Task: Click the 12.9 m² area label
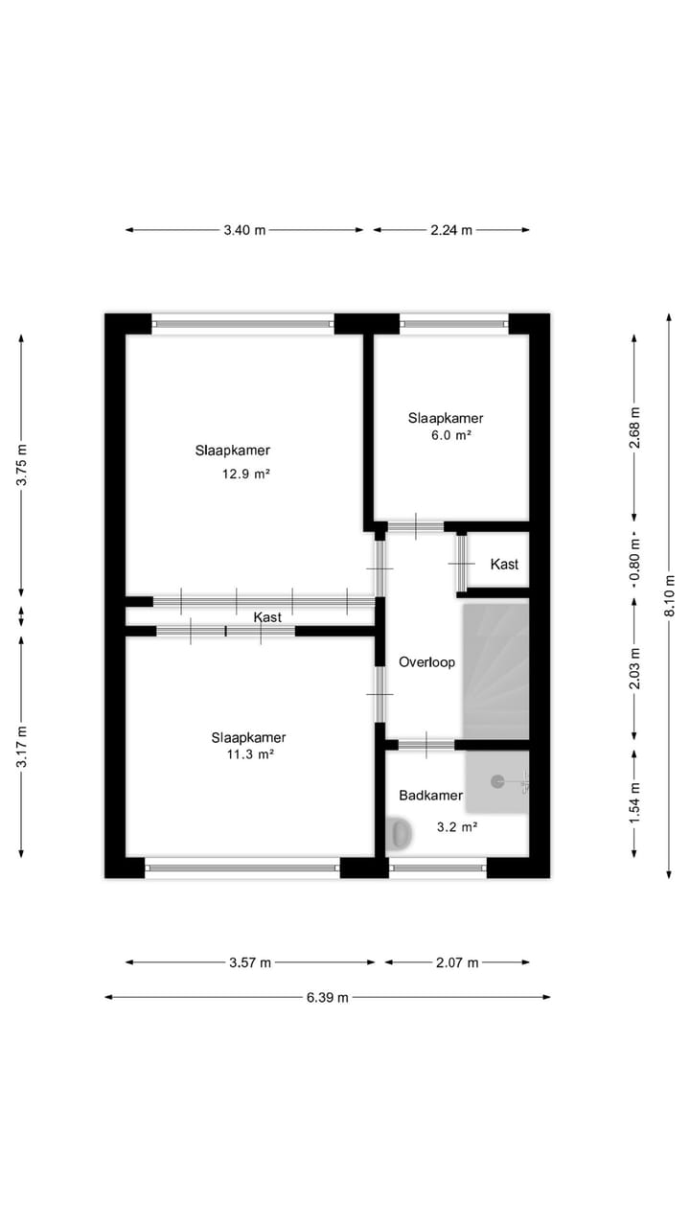coord(244,474)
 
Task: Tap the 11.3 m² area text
coord(249,754)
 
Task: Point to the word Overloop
coord(426,662)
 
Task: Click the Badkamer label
coord(430,796)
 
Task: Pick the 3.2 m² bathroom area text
coord(456,826)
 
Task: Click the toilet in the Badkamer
coord(400,833)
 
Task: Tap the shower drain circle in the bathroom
coord(497,781)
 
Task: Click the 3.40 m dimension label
coord(244,230)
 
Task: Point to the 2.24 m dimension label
coord(451,230)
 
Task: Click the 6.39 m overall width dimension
coord(328,997)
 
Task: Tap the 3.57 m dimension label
coord(250,962)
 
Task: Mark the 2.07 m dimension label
coord(457,962)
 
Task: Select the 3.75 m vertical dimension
coord(22,466)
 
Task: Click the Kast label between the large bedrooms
coord(267,617)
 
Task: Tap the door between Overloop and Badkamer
coord(426,745)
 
